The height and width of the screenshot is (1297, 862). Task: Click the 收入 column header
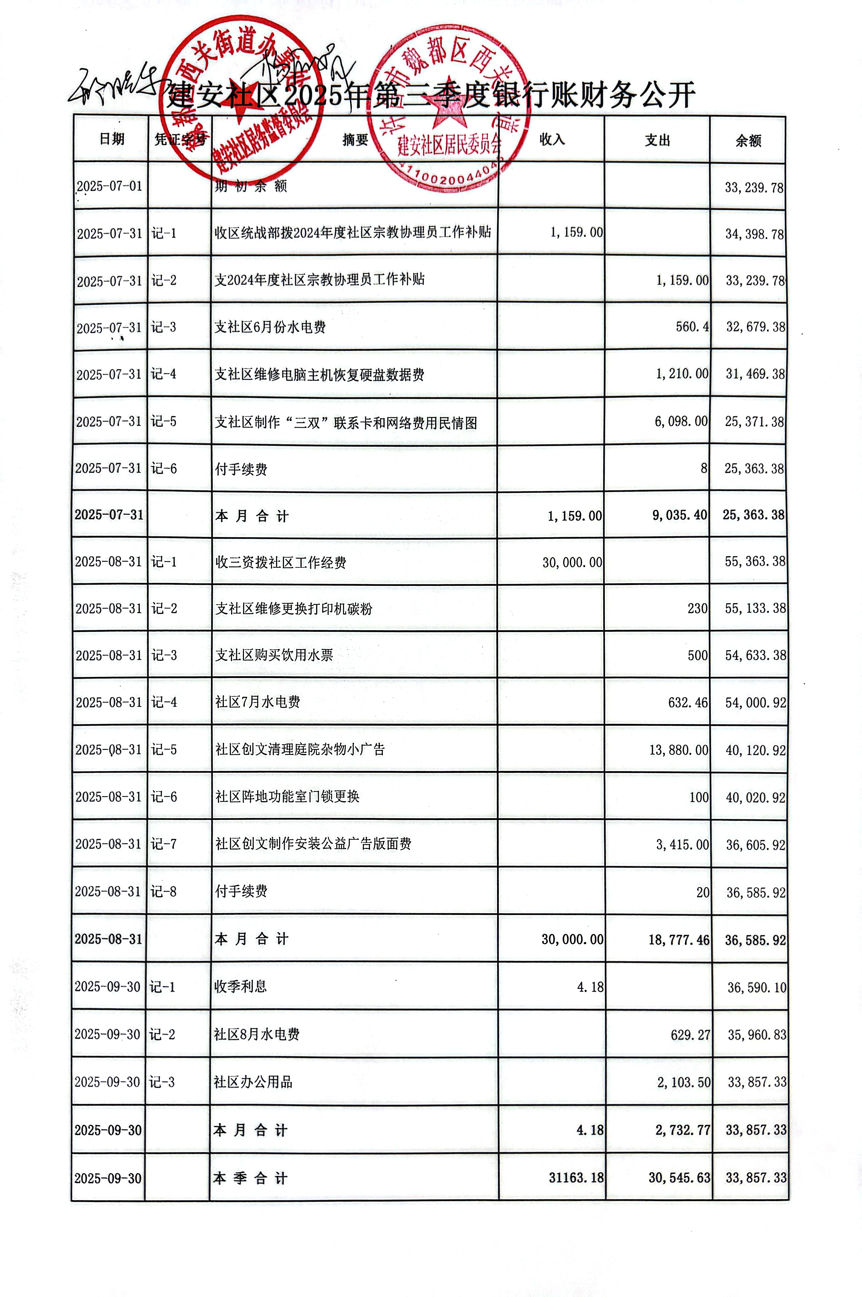pyautogui.click(x=552, y=140)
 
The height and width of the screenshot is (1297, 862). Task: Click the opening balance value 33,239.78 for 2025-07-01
pyautogui.click(x=754, y=188)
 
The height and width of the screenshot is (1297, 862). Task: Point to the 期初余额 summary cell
pyautogui.click(x=251, y=186)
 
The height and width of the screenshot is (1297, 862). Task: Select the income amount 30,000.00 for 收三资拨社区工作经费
pyautogui.click(x=572, y=562)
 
